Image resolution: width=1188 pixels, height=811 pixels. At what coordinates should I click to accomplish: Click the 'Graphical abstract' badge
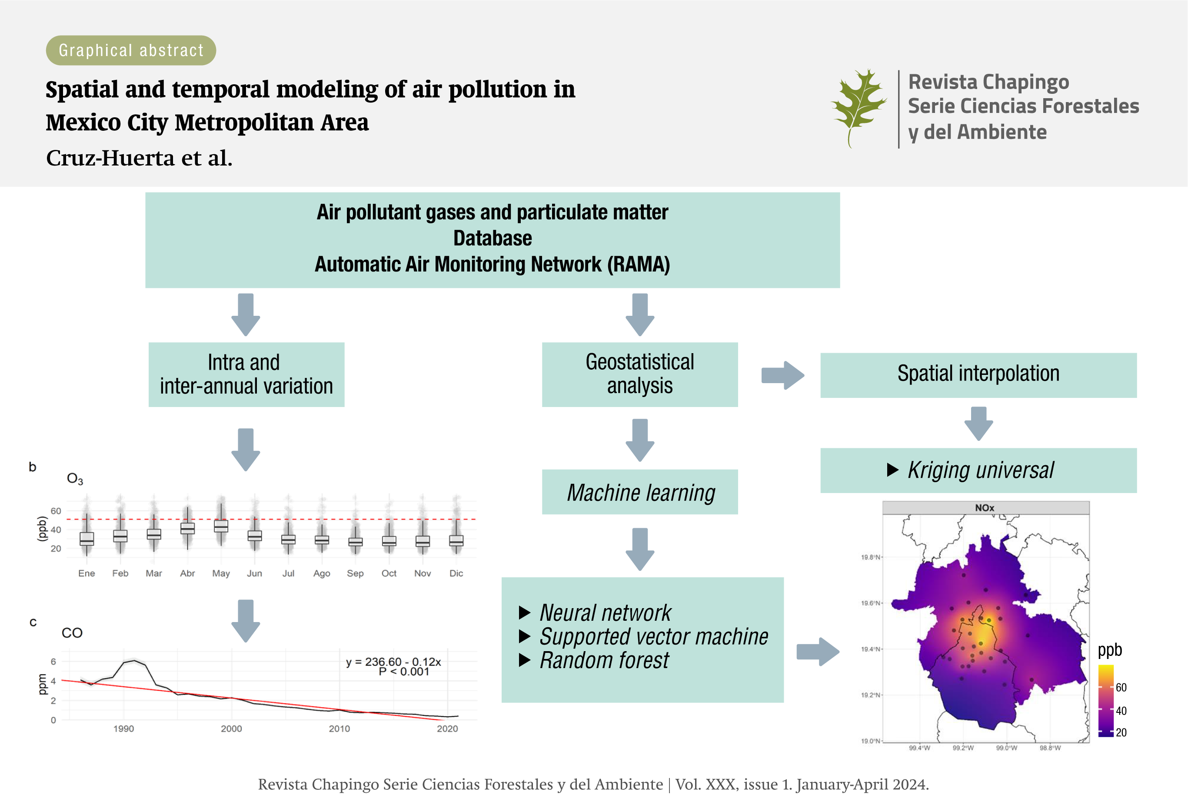131,50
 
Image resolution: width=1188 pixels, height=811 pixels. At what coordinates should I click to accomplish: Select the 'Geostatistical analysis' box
639,374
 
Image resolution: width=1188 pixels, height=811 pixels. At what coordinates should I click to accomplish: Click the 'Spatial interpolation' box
978,374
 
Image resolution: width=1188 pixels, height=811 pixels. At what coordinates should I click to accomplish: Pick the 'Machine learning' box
639,492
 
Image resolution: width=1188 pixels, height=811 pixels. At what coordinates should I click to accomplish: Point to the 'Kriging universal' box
978,470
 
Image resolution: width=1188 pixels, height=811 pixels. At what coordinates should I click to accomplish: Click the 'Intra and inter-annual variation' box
246,374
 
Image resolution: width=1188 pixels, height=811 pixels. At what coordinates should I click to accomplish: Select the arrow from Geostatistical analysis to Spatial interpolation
782,375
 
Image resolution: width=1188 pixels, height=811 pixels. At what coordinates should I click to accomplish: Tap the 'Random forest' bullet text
604,660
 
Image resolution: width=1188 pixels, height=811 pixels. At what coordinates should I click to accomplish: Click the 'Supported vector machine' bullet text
653,636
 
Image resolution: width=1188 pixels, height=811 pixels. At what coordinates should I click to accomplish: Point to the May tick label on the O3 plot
221,573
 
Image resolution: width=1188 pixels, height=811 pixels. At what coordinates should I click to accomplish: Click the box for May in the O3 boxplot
221,526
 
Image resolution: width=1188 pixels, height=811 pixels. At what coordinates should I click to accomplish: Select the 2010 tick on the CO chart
339,729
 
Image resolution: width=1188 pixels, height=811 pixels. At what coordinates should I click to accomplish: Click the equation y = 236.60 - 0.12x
393,662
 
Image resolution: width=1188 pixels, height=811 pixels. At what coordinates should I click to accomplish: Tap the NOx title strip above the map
985,508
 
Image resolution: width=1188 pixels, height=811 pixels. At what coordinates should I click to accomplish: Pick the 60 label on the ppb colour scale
1121,687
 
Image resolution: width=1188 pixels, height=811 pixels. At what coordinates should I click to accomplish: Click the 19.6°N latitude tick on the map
871,603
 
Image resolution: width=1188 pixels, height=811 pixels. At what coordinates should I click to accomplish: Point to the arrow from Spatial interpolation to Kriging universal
978,423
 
